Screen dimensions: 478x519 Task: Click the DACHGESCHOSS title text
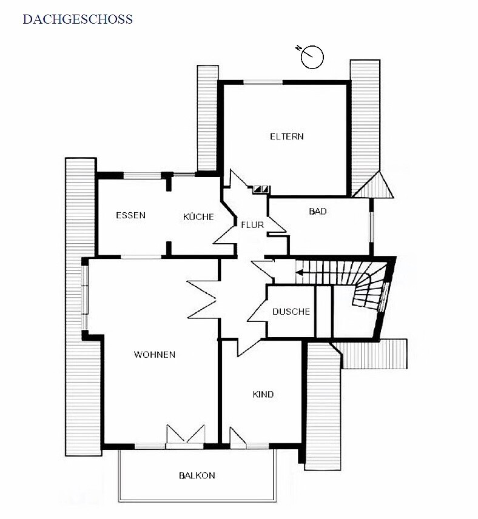click(78, 19)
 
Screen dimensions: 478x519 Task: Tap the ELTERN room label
click(287, 136)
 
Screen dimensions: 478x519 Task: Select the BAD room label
click(318, 211)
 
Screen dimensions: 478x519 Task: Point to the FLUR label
click(252, 225)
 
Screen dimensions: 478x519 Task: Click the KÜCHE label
click(198, 216)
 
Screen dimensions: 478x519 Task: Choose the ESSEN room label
click(131, 215)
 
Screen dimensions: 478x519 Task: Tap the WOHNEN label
click(154, 355)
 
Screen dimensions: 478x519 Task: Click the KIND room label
click(263, 394)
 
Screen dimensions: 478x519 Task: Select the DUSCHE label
click(291, 312)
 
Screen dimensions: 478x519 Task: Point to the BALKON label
click(197, 475)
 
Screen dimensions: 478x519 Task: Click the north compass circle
click(312, 57)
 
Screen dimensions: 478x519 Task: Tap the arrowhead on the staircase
click(299, 273)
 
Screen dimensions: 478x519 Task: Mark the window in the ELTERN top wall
click(263, 82)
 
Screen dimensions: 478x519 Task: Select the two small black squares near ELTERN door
click(261, 189)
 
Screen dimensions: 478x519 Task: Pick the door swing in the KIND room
click(238, 437)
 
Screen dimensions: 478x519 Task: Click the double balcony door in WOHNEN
click(186, 435)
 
